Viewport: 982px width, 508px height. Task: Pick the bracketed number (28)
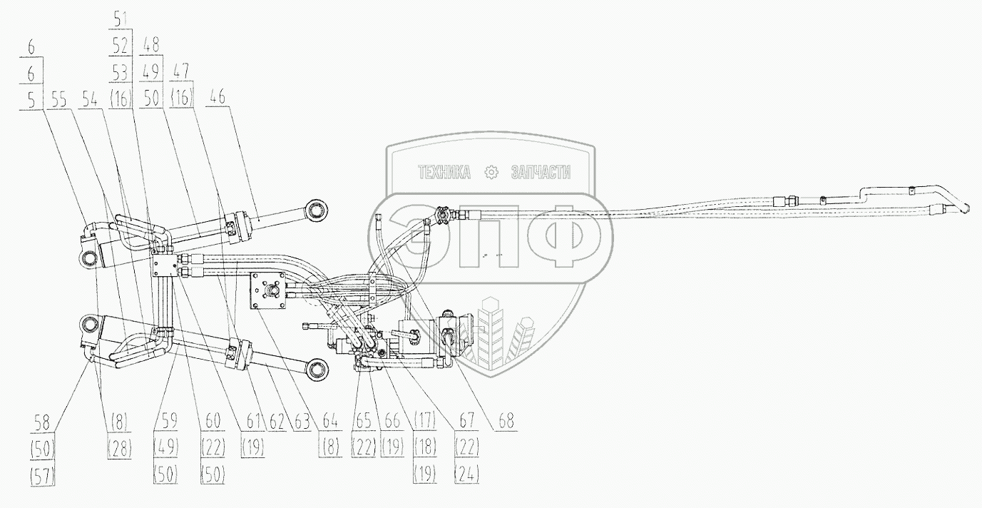pos(119,447)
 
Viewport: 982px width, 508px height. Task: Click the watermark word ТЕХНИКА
pos(444,173)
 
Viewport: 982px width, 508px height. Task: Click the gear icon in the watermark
pos(491,173)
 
